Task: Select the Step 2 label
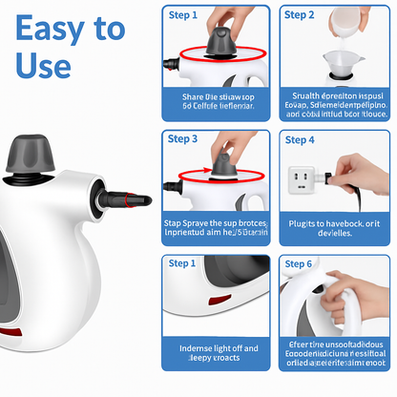(x=299, y=15)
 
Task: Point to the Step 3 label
(x=183, y=138)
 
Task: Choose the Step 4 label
(x=299, y=139)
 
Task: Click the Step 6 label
(x=299, y=262)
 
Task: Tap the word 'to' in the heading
(x=106, y=29)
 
